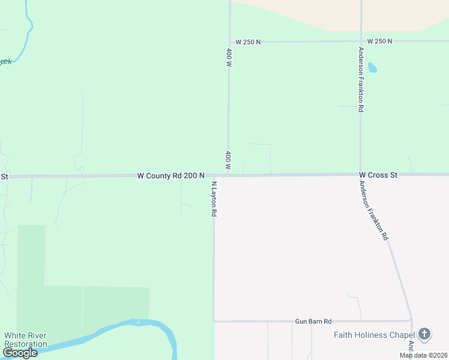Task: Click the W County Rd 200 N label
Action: pos(171,176)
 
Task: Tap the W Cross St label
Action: pos(378,175)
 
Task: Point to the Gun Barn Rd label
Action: pos(313,322)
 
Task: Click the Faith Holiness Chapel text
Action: pos(375,335)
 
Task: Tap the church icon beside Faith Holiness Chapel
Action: pos(424,334)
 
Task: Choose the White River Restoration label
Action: pos(25,340)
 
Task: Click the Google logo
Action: pos(20,353)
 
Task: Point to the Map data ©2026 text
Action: pos(423,355)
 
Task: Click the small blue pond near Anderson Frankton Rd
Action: pos(372,67)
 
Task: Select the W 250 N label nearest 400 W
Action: pos(248,42)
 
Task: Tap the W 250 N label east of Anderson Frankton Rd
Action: pos(379,41)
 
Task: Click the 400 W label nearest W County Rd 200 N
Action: pos(229,160)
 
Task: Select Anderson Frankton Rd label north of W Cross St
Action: pos(361,80)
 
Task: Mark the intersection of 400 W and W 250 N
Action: pos(229,42)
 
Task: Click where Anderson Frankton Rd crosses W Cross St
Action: pos(360,175)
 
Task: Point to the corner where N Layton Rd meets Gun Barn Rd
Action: pos(214,321)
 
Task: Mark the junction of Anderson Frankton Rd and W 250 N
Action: pos(361,41)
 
